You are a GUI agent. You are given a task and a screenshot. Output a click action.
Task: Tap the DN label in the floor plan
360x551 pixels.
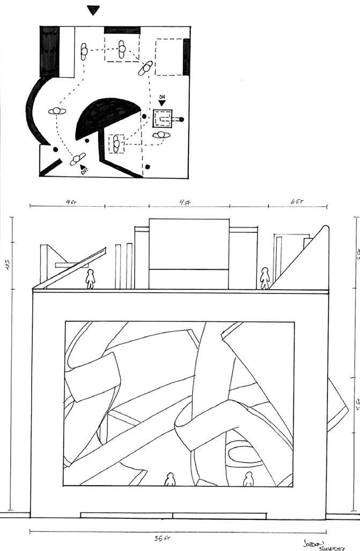tap(162, 98)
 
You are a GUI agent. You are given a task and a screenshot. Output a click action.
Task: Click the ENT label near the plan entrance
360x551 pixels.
tap(83, 172)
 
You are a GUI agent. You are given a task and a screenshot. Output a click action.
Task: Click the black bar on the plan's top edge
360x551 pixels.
tap(122, 30)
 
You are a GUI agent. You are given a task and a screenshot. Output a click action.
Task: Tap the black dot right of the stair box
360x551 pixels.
tap(182, 119)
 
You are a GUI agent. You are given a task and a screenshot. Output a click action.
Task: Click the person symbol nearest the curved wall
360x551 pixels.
tap(56, 111)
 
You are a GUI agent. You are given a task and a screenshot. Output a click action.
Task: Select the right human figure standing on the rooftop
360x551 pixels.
tap(265, 278)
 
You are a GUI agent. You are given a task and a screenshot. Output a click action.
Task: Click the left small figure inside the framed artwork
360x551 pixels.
tap(171, 480)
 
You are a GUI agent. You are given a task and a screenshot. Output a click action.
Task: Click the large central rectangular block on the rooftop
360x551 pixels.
tap(188, 253)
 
